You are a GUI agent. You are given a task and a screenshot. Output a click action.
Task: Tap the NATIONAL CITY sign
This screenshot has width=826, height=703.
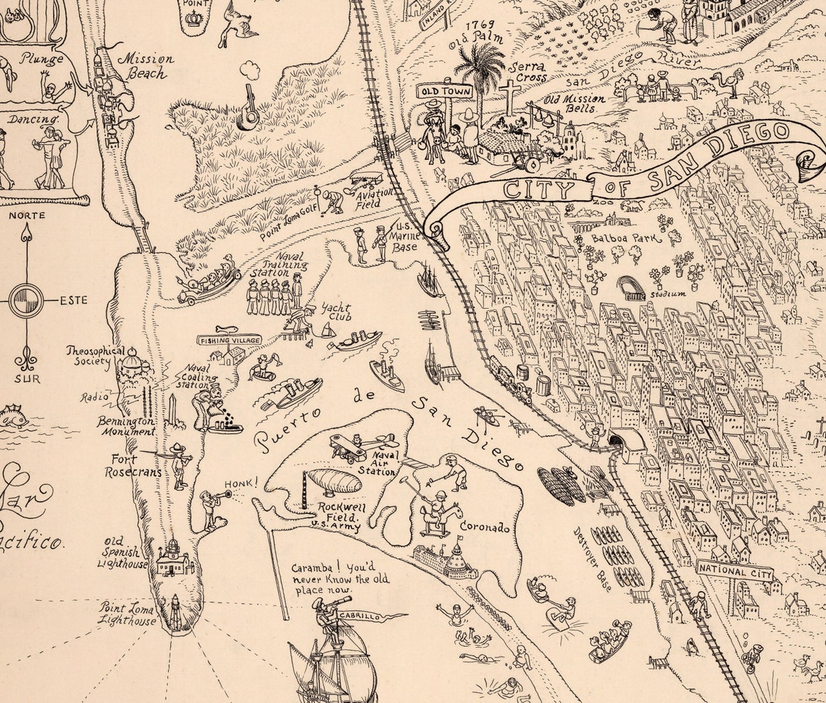734,570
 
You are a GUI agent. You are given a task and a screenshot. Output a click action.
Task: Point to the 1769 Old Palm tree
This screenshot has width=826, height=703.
479,72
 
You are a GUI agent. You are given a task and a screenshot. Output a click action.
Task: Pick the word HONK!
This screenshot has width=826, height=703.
245,480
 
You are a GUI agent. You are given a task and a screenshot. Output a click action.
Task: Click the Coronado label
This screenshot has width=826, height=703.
484,528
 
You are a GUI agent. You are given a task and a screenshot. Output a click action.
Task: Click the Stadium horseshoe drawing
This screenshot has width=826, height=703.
631,288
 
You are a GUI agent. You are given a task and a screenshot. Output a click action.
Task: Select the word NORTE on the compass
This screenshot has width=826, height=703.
27,215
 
